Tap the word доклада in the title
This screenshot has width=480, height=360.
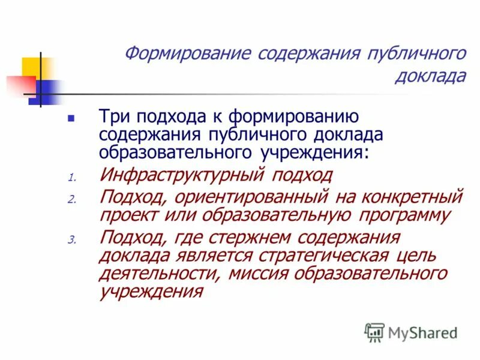point(430,76)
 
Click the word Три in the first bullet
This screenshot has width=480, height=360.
point(117,116)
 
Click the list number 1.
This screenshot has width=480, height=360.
point(71,178)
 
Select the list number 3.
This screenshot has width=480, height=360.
point(71,239)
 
